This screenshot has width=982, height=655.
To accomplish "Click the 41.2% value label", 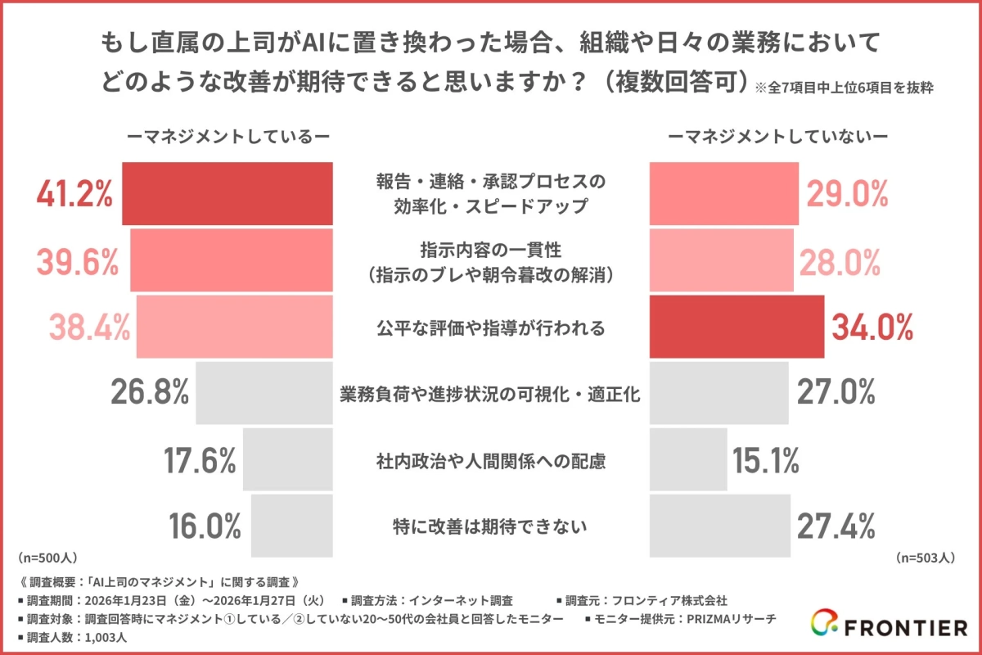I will tap(74, 194).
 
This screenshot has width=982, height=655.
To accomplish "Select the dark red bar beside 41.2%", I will tap(227, 194).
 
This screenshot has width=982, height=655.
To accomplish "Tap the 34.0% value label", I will tap(872, 327).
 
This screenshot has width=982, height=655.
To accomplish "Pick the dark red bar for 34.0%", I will tap(736, 327).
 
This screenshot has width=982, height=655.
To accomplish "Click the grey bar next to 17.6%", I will tap(288, 461).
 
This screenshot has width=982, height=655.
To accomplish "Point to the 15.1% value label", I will tap(766, 461).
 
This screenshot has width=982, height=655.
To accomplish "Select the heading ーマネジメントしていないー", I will tap(778, 137).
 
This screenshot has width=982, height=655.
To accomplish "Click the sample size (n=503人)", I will tap(926, 558).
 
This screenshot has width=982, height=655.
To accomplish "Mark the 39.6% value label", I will tap(78, 261).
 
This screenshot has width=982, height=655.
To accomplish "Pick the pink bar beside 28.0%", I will tap(721, 260).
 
